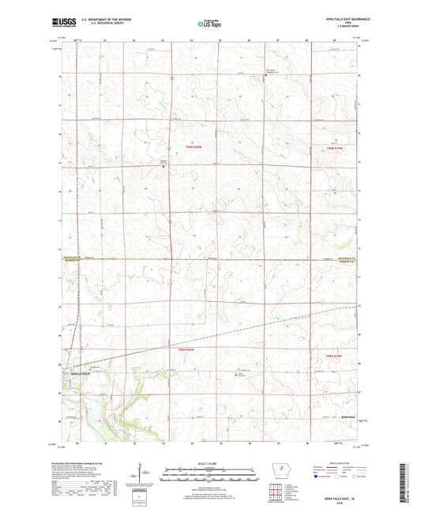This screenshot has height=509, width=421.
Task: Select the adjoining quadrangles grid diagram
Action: pyautogui.click(x=277, y=497)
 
